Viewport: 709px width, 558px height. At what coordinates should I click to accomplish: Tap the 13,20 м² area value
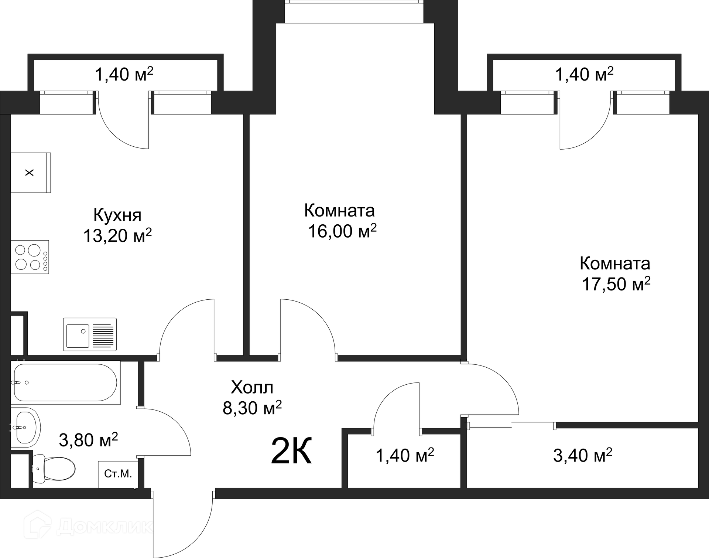coord(117,235)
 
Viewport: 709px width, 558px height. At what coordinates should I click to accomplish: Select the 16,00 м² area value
coord(342,231)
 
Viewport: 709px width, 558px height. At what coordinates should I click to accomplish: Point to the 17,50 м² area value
coord(616,284)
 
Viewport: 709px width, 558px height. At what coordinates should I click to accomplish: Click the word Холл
coord(252,388)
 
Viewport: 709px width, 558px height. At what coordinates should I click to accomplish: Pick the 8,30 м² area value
coord(252,408)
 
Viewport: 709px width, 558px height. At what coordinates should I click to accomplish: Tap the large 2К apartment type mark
coord(291,450)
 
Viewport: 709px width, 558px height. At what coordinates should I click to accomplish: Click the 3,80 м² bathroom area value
coord(88,440)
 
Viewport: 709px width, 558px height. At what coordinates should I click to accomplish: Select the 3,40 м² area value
coord(583,455)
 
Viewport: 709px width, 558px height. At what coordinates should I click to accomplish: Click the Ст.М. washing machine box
coord(118,474)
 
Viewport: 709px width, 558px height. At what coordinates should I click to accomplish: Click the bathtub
coord(66,382)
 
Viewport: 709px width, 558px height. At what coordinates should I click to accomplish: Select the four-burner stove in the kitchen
coord(30,257)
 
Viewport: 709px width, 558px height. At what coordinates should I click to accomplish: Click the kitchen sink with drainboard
coord(90,334)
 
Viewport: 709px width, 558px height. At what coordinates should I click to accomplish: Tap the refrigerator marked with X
coord(31,173)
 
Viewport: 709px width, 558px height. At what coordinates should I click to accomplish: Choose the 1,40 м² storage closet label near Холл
coord(405,455)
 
